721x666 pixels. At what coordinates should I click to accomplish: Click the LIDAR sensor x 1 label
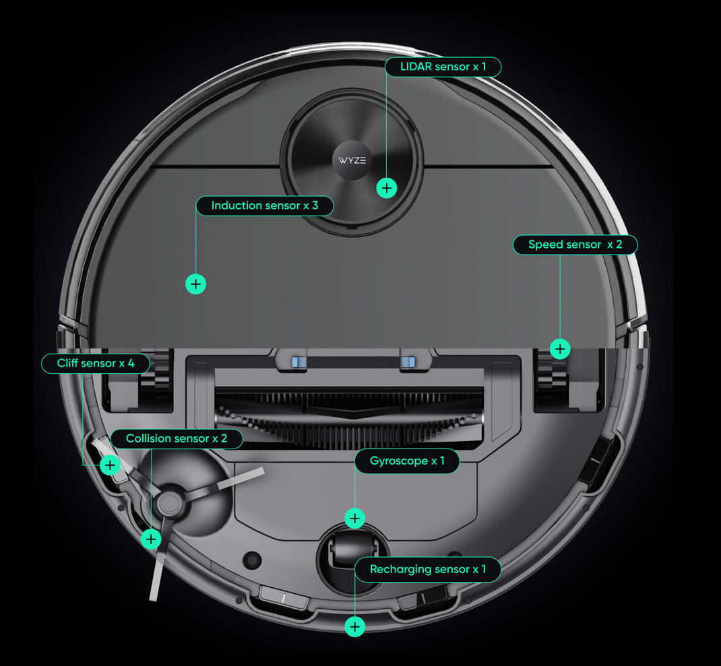pyautogui.click(x=443, y=67)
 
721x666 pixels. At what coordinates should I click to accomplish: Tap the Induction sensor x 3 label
pyautogui.click(x=264, y=206)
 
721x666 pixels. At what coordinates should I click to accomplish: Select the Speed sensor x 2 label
pyautogui.click(x=575, y=244)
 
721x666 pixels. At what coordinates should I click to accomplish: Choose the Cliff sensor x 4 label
pyautogui.click(x=95, y=364)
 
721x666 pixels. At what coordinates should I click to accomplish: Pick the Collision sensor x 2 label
pyautogui.click(x=176, y=439)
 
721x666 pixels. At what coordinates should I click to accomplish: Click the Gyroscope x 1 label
pyautogui.click(x=407, y=462)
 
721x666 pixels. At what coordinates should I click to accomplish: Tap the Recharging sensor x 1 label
pyautogui.click(x=427, y=570)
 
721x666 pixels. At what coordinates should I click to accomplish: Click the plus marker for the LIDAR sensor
pyautogui.click(x=386, y=188)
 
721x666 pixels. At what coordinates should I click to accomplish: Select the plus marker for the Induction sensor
pyautogui.click(x=195, y=284)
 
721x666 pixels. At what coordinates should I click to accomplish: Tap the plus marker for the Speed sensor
pyautogui.click(x=560, y=349)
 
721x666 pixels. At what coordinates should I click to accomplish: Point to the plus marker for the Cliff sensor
pyautogui.click(x=110, y=465)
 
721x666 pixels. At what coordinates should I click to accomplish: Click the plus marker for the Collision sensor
pyautogui.click(x=152, y=539)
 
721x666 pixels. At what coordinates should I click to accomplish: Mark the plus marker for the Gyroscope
pyautogui.click(x=355, y=518)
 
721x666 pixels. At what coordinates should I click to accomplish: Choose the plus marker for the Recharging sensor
pyautogui.click(x=355, y=627)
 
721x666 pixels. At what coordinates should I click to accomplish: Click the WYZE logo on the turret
pyautogui.click(x=352, y=161)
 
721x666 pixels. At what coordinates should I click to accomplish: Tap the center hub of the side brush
pyautogui.click(x=169, y=502)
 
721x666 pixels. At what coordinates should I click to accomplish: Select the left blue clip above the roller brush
pyautogui.click(x=299, y=362)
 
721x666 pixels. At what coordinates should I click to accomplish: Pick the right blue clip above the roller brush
pyautogui.click(x=408, y=362)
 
